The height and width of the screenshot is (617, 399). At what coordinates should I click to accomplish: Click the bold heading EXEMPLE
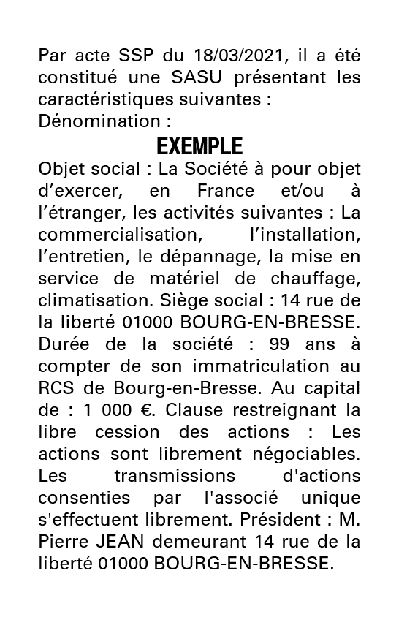[x=199, y=146]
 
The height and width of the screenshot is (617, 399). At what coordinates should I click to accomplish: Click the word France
[x=225, y=192]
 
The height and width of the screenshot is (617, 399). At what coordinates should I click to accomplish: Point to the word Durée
[x=63, y=345]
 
